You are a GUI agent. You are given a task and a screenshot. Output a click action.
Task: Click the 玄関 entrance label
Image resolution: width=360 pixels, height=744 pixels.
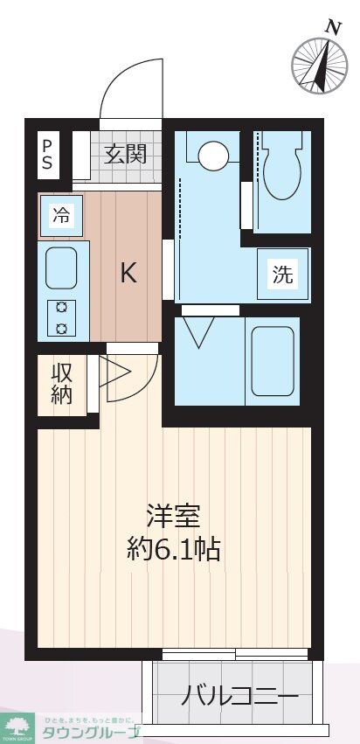click(126, 156)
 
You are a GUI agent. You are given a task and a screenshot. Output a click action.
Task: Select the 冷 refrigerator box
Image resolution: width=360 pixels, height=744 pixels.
click(60, 215)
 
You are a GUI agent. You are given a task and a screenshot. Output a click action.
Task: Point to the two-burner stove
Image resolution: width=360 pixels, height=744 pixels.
click(62, 317)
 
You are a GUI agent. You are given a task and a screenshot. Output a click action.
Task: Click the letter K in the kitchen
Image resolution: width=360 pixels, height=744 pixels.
click(128, 274)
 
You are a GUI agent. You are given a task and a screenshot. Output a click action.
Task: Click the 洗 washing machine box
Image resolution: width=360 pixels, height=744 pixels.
click(282, 275)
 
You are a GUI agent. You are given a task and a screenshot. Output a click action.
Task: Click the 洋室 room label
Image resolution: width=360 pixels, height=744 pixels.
click(172, 517)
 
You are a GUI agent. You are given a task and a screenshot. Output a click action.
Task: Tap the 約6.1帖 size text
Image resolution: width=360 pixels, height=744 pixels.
click(172, 549)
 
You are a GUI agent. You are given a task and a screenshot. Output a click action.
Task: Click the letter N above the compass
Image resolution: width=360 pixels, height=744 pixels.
click(333, 27)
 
